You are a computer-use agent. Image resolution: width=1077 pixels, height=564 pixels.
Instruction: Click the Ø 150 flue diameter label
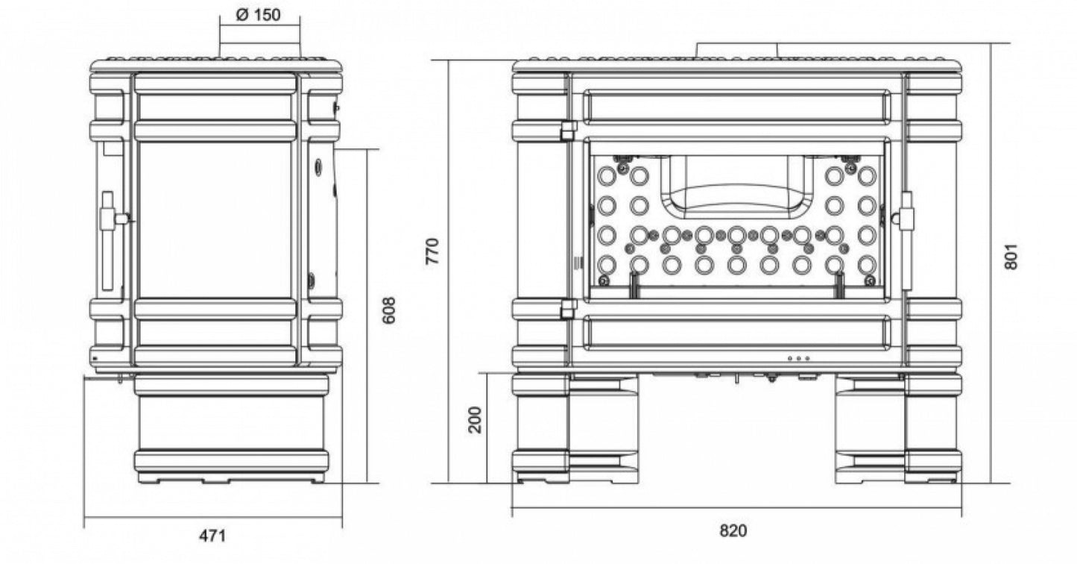(258, 15)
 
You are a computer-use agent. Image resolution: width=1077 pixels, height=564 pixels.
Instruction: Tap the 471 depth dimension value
(212, 536)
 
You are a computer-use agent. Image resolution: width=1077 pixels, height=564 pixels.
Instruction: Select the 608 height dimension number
(389, 310)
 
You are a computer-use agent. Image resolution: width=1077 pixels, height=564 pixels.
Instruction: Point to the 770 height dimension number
(433, 251)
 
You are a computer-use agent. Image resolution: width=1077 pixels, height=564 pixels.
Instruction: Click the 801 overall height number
(1011, 257)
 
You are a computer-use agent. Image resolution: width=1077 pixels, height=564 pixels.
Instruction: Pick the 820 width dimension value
(733, 530)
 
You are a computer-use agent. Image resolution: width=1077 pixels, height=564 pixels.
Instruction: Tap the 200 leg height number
(475, 420)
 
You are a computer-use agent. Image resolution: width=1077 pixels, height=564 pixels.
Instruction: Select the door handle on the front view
(905, 241)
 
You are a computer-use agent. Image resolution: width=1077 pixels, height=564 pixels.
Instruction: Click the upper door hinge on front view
(569, 130)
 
